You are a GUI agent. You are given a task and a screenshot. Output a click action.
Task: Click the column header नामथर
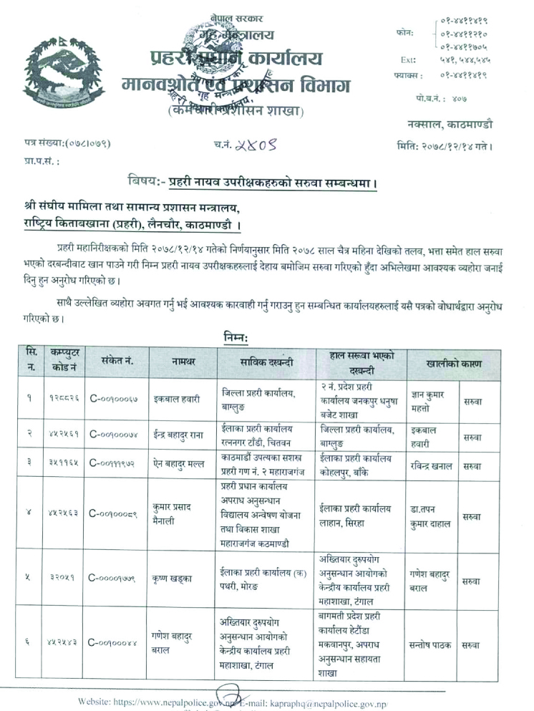pyautogui.click(x=184, y=363)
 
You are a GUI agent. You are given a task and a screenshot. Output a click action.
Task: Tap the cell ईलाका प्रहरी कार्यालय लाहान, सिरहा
pyautogui.click(x=356, y=509)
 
